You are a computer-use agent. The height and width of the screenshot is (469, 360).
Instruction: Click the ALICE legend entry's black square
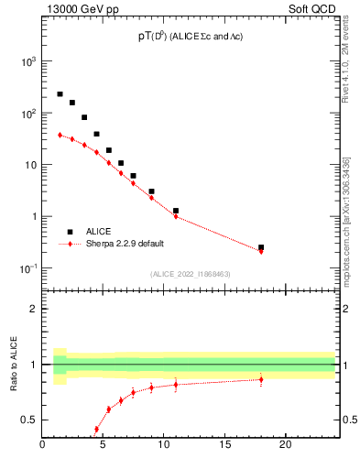[x=70, y=232]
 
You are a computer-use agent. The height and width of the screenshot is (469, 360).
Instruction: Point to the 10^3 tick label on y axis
[x=27, y=61]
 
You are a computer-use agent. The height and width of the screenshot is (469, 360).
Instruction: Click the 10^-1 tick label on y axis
[x=27, y=268]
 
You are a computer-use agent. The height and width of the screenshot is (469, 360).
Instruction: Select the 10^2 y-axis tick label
[x=27, y=114]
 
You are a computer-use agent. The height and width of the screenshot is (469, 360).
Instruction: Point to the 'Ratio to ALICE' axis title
[x=14, y=363]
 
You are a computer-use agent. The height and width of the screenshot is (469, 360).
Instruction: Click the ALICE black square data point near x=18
[x=261, y=247]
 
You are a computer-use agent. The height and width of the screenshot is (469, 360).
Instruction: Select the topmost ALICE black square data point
[x=60, y=93]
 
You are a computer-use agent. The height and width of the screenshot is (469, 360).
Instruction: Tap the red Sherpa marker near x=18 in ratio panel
[x=261, y=379]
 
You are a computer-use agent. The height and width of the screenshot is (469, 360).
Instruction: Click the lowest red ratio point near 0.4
[x=96, y=429]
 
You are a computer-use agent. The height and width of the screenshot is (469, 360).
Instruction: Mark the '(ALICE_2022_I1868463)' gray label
[x=189, y=274]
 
